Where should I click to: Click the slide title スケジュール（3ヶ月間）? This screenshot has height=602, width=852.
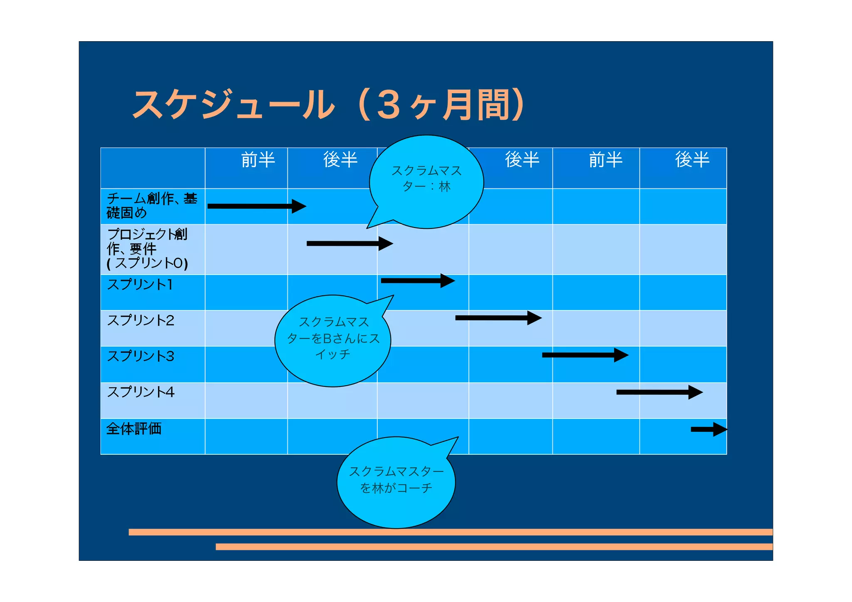click(x=329, y=105)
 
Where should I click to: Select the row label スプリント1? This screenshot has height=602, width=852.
click(x=140, y=285)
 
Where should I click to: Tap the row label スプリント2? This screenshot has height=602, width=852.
click(x=141, y=320)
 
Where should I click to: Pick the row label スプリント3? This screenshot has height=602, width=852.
click(x=141, y=356)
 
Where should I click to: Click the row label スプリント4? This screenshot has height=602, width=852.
click(x=141, y=392)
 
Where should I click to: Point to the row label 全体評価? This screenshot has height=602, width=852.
click(x=134, y=429)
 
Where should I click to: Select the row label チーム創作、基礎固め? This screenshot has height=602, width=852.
click(x=151, y=206)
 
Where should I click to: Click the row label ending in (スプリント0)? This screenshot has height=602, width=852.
click(x=147, y=249)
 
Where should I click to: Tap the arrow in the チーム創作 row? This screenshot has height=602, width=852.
click(x=257, y=206)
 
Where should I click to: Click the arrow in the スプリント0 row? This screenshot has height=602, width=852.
click(x=349, y=243)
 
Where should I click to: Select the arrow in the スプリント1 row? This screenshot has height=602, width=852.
click(x=418, y=281)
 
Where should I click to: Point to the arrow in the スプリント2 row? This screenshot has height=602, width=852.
click(x=498, y=318)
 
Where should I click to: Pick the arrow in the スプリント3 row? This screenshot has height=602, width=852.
click(x=585, y=355)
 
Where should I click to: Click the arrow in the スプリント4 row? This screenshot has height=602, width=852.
click(x=659, y=392)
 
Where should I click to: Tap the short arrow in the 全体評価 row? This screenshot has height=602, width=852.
click(x=709, y=429)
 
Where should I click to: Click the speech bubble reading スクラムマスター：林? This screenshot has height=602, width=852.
click(x=426, y=179)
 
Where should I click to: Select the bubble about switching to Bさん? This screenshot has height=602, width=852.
click(x=333, y=339)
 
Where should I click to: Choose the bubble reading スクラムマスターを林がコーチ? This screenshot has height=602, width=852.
click(x=396, y=481)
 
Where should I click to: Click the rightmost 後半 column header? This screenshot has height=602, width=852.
click(x=692, y=160)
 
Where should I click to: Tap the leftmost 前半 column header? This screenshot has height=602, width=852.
click(x=258, y=160)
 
